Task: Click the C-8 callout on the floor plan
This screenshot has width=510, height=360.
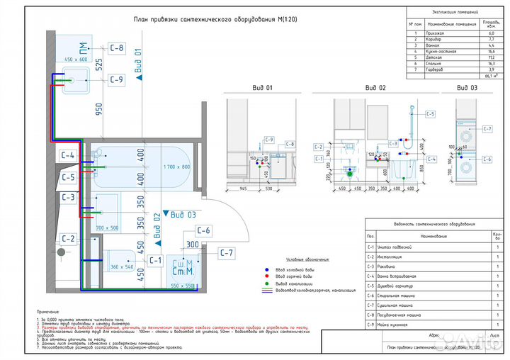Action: point(117,48)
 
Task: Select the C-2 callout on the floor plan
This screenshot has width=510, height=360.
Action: point(68,239)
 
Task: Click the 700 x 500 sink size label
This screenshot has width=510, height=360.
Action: point(107,227)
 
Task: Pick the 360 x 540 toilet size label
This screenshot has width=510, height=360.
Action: point(123,266)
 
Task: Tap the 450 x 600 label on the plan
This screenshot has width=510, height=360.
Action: point(75,60)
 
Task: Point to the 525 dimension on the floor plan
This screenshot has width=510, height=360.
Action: point(99,64)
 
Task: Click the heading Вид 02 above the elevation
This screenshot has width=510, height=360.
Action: point(375,88)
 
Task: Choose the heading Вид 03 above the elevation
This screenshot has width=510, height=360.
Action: point(467,88)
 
